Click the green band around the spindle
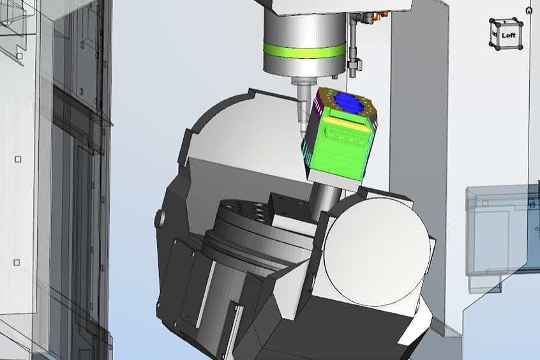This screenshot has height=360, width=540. (x=304, y=50)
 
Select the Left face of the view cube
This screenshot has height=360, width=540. (x=507, y=35)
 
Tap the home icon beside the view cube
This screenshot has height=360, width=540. (x=529, y=10)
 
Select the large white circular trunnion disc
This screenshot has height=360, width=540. (x=377, y=252)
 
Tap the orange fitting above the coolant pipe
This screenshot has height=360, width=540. (x=376, y=15)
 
